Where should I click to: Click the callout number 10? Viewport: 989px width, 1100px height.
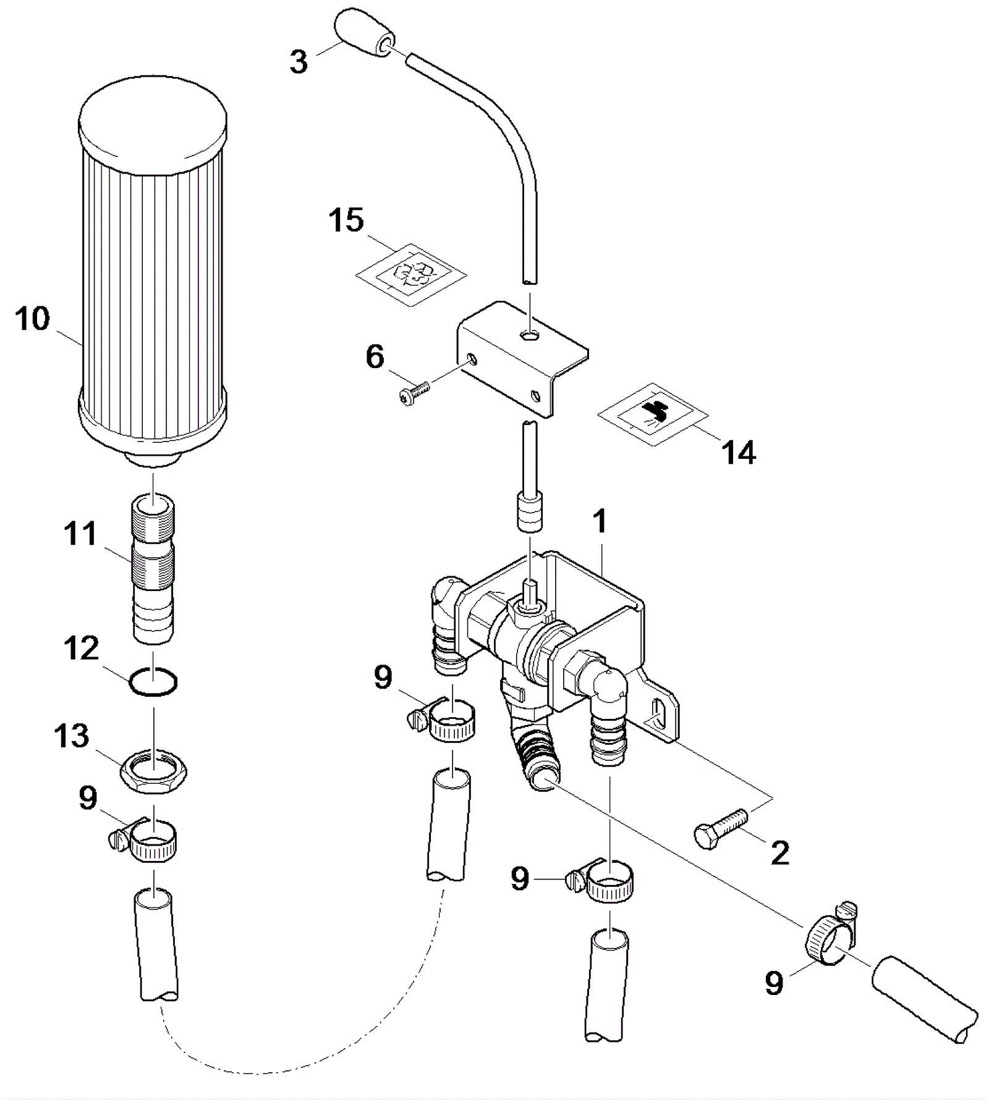point(33,319)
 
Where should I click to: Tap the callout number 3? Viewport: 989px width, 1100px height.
point(299,62)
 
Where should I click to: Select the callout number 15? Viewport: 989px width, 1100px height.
point(346,220)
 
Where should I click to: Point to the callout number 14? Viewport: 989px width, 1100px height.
point(739,453)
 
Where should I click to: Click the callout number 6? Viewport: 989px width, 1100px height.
point(375,357)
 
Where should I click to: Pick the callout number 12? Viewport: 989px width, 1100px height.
point(82,649)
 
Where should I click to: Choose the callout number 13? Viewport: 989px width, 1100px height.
point(72,736)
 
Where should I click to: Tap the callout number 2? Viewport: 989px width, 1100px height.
point(780,854)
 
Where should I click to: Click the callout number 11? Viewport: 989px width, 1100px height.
point(80,534)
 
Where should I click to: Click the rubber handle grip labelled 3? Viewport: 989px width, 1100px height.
point(362,33)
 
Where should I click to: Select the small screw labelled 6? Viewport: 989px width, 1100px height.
point(414,392)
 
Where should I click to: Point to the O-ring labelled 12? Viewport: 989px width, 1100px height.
point(153,682)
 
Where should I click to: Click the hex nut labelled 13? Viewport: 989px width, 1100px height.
point(154,772)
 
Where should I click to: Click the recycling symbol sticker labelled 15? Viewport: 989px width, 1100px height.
point(411,275)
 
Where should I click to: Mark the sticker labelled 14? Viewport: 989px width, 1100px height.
point(653,414)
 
